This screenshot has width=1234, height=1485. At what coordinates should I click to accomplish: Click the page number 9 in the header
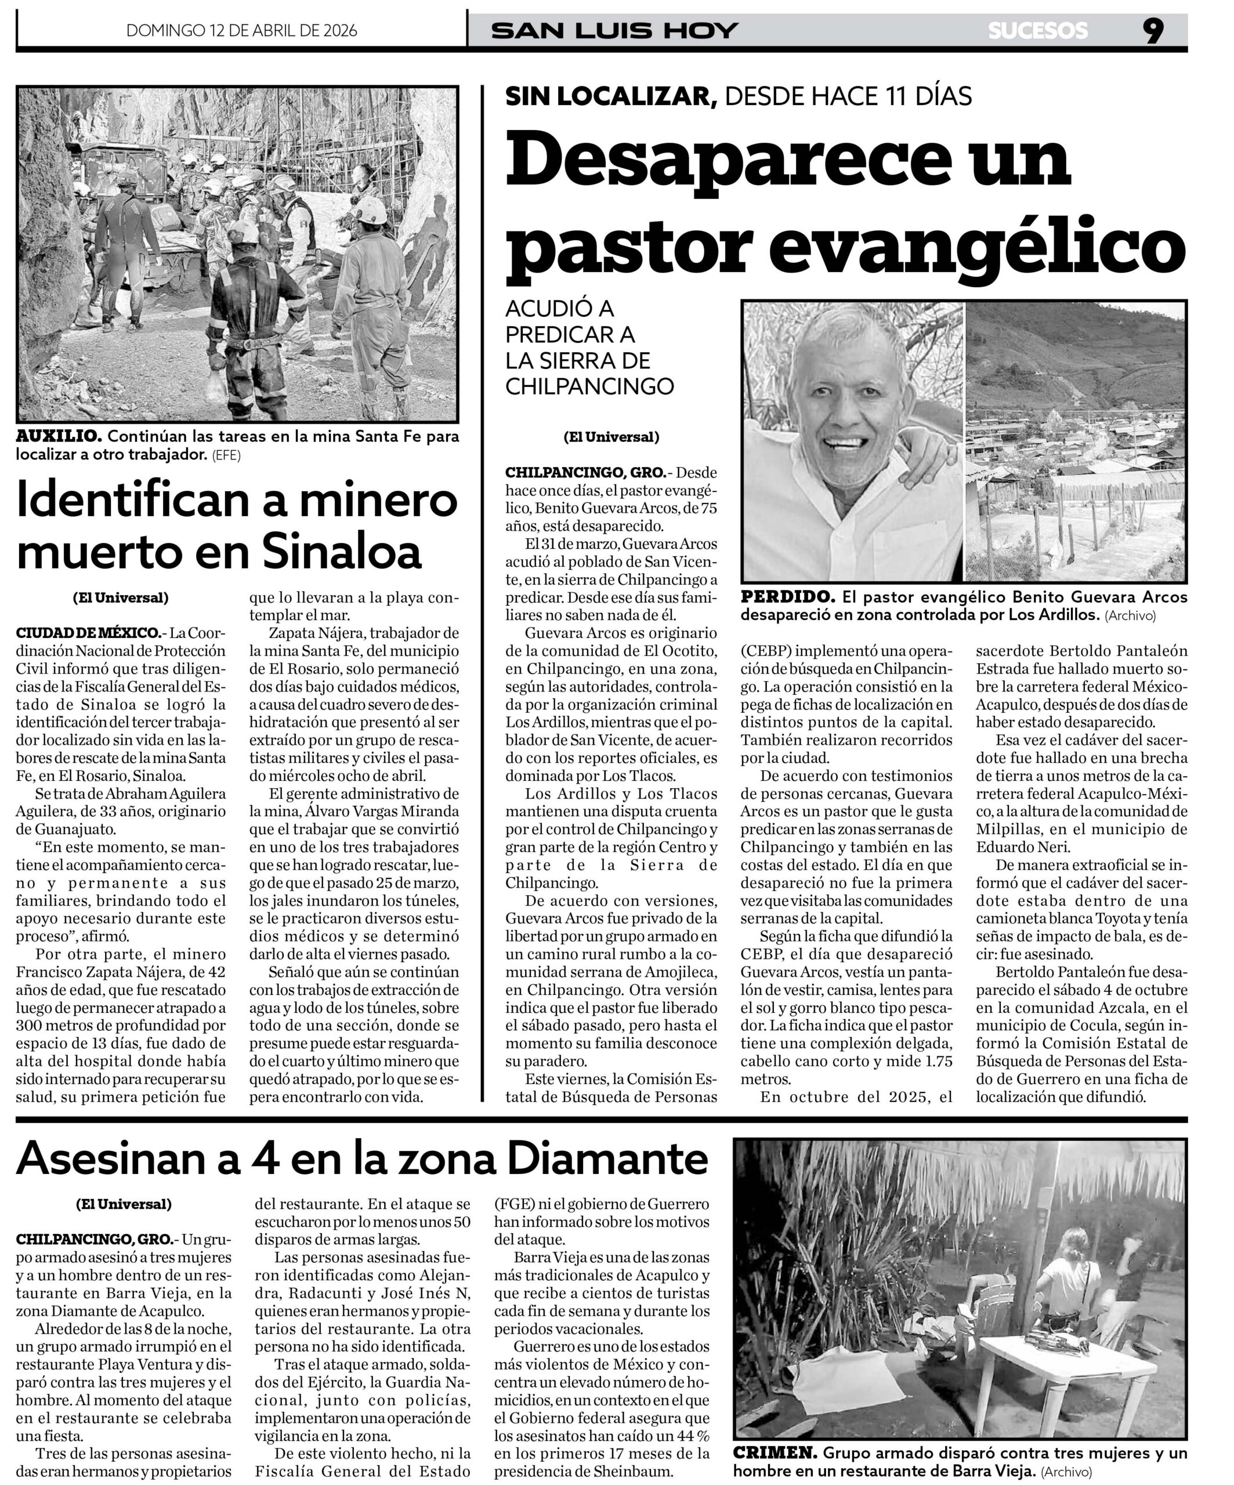[x=1153, y=31]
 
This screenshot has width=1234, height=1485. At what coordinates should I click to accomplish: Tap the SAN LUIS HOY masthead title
[x=614, y=31]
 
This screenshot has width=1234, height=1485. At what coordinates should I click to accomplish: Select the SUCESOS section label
[x=1038, y=31]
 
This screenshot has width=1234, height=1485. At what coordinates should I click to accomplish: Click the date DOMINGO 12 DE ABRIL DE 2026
[x=241, y=31]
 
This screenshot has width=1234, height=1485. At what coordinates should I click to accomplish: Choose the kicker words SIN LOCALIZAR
[x=611, y=96]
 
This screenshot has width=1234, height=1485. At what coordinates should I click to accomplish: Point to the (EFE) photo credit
[x=226, y=455]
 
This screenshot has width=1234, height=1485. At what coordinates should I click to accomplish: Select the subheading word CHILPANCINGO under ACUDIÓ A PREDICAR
[x=590, y=387]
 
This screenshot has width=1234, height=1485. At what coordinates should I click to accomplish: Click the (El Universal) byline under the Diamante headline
[x=124, y=1204]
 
